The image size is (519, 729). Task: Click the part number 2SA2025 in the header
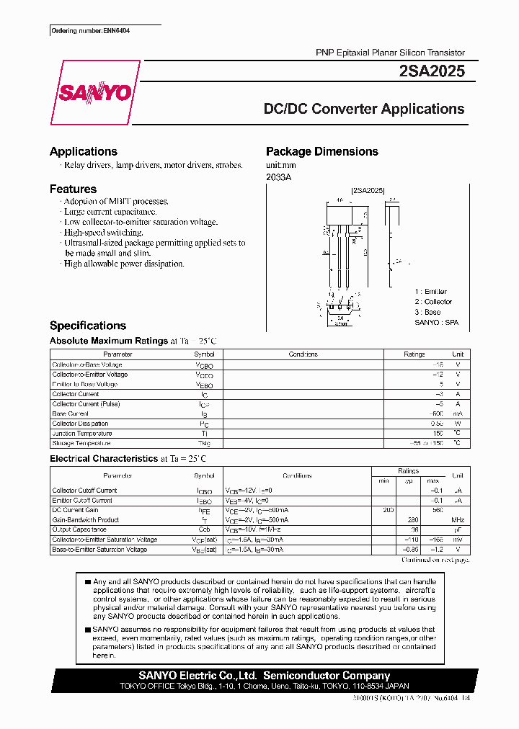click(430, 71)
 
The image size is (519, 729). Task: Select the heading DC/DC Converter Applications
click(363, 109)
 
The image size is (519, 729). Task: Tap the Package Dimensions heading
click(321, 151)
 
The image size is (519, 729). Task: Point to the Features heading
click(73, 189)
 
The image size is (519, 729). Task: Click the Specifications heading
click(88, 326)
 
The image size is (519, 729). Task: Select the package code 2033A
click(279, 177)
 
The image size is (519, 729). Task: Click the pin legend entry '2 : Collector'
click(433, 302)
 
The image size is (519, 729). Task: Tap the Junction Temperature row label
click(82, 434)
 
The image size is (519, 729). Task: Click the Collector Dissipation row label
click(81, 424)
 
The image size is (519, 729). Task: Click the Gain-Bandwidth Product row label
click(85, 520)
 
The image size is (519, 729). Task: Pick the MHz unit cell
click(457, 520)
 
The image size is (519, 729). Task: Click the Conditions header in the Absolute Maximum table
click(303, 354)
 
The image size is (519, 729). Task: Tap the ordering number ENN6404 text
click(91, 31)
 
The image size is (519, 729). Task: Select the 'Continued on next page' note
click(435, 560)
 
